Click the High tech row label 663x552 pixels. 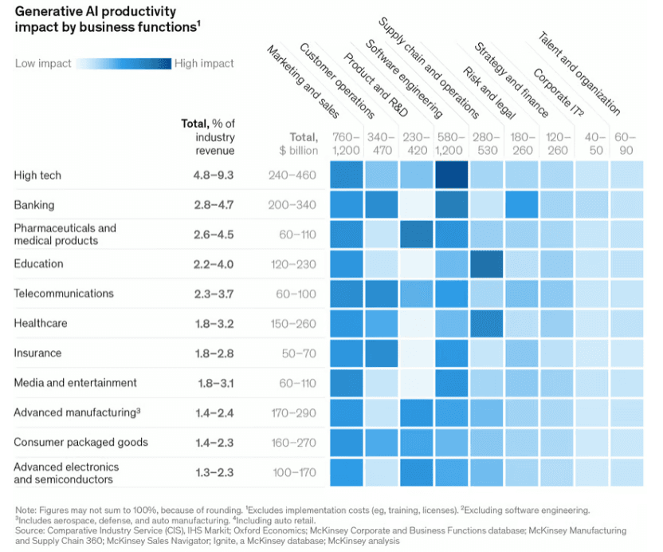coord(37,175)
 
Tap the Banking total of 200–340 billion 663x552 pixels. coord(292,205)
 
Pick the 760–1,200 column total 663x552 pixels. coord(346,143)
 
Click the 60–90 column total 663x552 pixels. coord(625,143)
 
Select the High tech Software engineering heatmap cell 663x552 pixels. coord(451,175)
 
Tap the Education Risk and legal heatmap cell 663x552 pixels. coord(485,264)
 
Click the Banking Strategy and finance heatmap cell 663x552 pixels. coord(521,205)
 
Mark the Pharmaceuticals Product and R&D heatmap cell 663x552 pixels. coord(415,235)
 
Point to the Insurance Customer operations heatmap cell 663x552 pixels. coord(381,353)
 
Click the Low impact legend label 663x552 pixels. coord(43,63)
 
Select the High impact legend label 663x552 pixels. coord(206,63)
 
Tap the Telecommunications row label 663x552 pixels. coord(64,294)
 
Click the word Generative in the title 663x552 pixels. coord(47,12)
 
